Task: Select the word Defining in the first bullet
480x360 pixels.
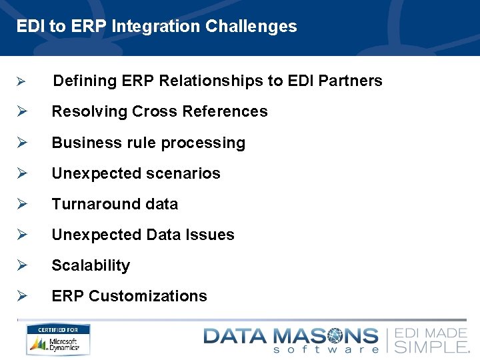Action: click(85, 81)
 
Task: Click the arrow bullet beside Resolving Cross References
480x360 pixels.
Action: click(21, 112)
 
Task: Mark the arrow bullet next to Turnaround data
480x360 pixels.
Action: click(21, 204)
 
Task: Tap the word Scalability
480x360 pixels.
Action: click(91, 265)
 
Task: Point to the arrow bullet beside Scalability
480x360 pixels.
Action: click(21, 265)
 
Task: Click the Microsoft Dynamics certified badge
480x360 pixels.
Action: click(58, 340)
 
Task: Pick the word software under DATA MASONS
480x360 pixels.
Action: click(327, 349)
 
